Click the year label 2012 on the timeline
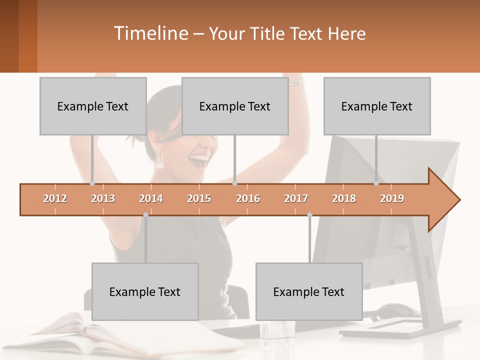point(55,198)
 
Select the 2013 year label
point(103,198)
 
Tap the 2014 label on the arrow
point(151,198)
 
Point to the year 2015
point(199,198)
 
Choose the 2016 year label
point(248,198)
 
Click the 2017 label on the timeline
point(296,198)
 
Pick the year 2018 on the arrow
point(344,198)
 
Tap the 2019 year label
point(392,198)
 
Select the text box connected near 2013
point(93,106)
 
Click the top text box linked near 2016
point(235,106)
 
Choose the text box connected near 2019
point(377,106)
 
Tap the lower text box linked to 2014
point(145,291)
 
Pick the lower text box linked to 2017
point(309,291)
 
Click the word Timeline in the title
point(150,33)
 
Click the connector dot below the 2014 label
point(145,214)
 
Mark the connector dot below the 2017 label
point(309,214)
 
